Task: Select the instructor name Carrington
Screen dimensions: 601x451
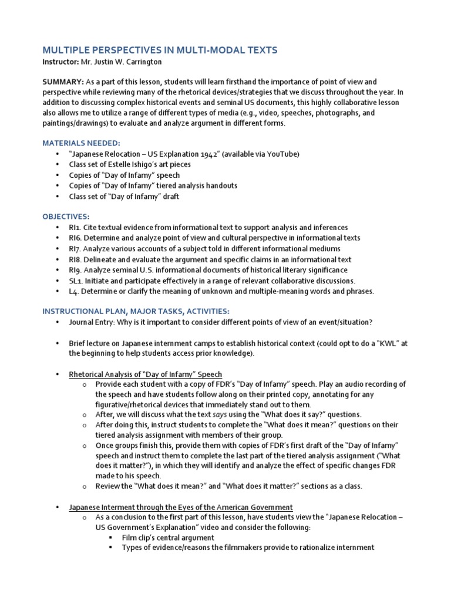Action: click(x=141, y=62)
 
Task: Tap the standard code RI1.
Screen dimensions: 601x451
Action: click(x=75, y=227)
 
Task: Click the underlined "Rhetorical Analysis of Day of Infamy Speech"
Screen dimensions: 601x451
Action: click(x=145, y=374)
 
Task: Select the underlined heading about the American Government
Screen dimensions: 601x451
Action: click(x=181, y=507)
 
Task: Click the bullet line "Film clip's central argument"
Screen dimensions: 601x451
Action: click(x=167, y=538)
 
